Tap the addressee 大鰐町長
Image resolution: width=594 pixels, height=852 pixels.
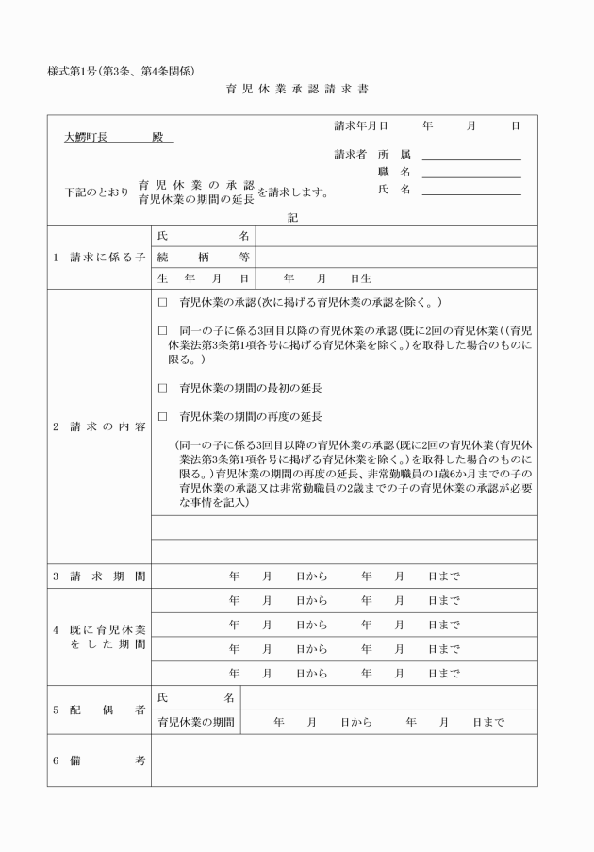click(86, 137)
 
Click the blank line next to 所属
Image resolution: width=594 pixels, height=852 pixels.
click(471, 154)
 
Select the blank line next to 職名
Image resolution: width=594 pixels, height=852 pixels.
click(471, 172)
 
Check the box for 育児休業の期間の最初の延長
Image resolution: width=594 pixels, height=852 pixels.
click(162, 388)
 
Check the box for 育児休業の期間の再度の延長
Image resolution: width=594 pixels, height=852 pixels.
click(162, 416)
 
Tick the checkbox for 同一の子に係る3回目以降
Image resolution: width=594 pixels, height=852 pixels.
click(162, 331)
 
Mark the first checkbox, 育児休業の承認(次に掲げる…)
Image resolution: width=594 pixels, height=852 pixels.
click(162, 303)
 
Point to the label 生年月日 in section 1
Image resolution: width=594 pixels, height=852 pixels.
click(203, 278)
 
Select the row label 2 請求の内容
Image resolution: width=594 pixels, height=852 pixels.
click(99, 426)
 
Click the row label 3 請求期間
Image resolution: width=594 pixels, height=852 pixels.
click(99, 576)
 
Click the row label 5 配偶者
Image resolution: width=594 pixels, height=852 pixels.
click(99, 710)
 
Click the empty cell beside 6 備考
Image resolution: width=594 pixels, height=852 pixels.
click(344, 761)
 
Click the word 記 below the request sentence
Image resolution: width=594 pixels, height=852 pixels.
click(292, 217)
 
